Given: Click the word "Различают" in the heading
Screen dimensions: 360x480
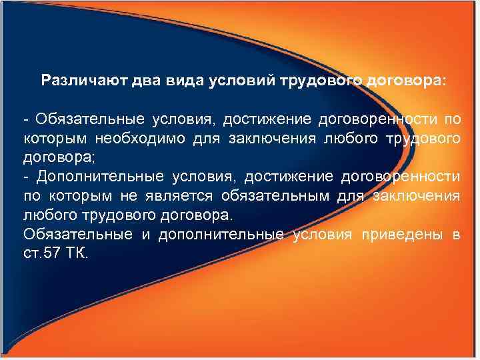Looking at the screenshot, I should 76,81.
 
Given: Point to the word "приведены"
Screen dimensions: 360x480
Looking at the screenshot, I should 405,235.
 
